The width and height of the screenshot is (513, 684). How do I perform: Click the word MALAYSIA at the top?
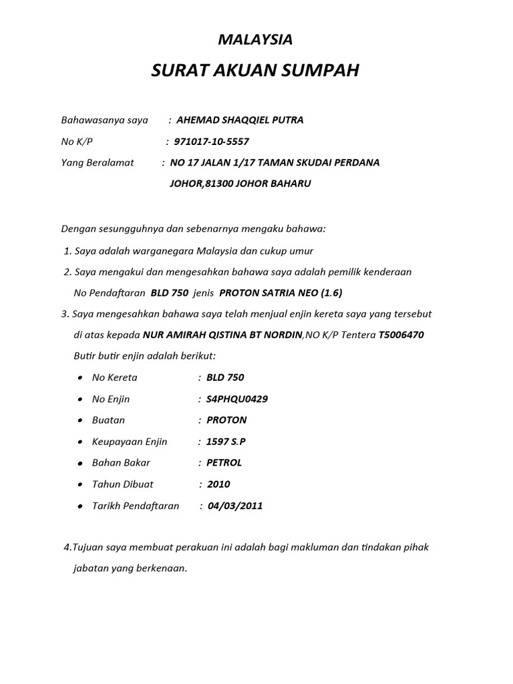pyautogui.click(x=256, y=40)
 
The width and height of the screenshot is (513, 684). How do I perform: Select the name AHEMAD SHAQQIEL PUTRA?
pyautogui.click(x=230, y=120)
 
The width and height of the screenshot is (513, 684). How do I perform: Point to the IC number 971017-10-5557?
pyautogui.click(x=211, y=142)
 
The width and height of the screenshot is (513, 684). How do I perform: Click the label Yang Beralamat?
pyautogui.click(x=98, y=162)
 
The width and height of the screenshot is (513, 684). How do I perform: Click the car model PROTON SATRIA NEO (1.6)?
pyautogui.click(x=281, y=293)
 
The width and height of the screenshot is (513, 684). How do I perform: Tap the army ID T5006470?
pyautogui.click(x=401, y=335)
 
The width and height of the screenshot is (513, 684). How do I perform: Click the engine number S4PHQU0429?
pyautogui.click(x=237, y=399)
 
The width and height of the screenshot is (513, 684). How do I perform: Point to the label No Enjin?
pyautogui.click(x=111, y=399)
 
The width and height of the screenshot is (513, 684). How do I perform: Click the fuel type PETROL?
pyautogui.click(x=224, y=463)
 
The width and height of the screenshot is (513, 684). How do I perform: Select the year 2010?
pyautogui.click(x=218, y=484)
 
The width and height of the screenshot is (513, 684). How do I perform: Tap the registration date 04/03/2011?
pyautogui.click(x=235, y=506)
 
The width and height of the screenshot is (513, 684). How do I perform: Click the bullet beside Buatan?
pyautogui.click(x=79, y=421)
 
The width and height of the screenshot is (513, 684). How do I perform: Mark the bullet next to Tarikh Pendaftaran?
pyautogui.click(x=79, y=506)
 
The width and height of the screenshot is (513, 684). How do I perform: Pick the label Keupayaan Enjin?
pyautogui.click(x=130, y=442)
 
